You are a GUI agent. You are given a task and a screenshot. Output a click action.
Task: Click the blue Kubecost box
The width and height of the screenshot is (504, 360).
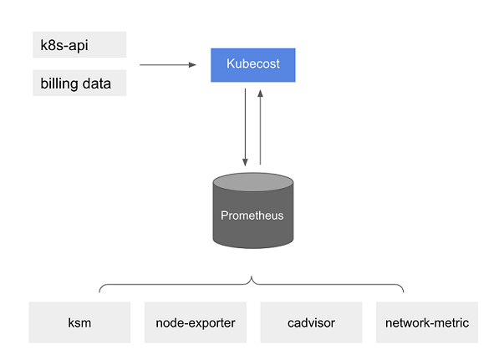tap(252, 63)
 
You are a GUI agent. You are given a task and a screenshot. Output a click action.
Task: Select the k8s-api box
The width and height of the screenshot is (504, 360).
tap(79, 44)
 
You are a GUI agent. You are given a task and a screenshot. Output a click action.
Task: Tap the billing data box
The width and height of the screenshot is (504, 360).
tap(79, 84)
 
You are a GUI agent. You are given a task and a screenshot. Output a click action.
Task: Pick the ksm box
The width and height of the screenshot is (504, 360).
tap(79, 322)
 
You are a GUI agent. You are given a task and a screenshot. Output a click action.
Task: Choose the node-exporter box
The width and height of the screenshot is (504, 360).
tap(196, 322)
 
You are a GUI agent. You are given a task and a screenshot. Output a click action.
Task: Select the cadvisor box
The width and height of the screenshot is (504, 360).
tap(311, 322)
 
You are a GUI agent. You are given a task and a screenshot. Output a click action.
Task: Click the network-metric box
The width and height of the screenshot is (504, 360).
tap(426, 322)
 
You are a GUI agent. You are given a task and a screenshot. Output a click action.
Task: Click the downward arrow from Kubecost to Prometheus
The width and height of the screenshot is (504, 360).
tap(245, 125)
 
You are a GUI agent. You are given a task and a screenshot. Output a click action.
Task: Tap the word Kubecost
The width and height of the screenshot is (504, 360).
tap(252, 63)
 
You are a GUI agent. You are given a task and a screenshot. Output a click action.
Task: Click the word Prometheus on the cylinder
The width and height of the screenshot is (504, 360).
tap(252, 215)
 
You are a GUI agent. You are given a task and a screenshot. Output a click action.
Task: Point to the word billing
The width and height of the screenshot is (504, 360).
tap(59, 84)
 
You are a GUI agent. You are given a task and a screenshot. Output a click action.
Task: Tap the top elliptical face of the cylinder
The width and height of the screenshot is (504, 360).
tap(252, 180)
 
